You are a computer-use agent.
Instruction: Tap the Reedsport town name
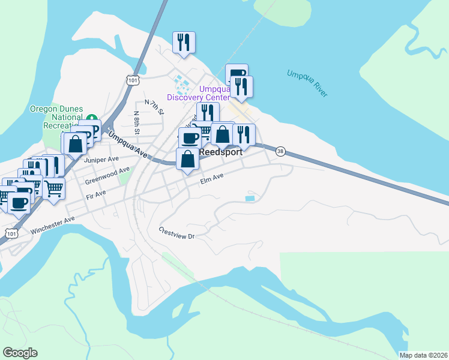(x=221, y=152)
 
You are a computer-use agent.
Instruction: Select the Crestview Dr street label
(x=178, y=233)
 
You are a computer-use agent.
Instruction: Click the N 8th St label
(x=137, y=122)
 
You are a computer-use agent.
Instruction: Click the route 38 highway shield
(x=280, y=152)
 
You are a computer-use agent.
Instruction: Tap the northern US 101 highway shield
(x=133, y=79)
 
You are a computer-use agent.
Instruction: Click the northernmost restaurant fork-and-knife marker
(x=184, y=42)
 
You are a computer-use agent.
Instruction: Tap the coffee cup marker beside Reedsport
(x=190, y=138)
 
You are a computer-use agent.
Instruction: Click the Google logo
(x=20, y=353)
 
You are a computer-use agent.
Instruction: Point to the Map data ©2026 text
(x=423, y=355)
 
